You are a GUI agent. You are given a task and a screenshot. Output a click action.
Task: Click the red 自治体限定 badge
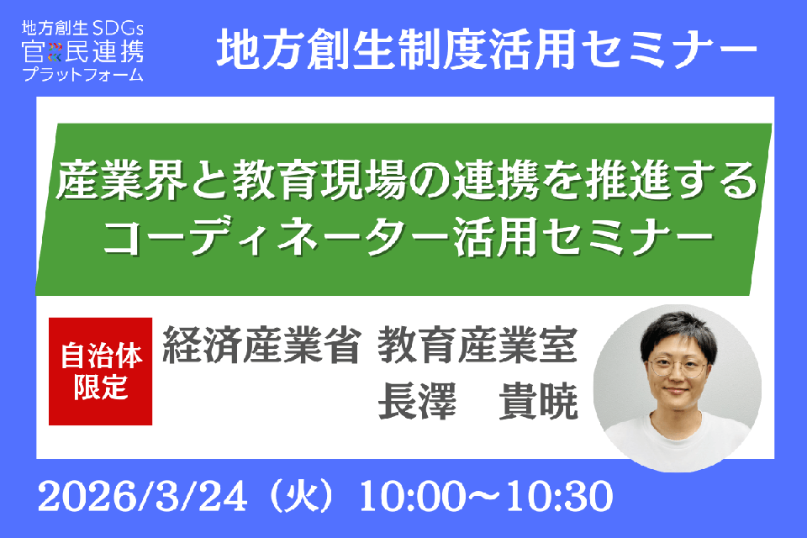101,371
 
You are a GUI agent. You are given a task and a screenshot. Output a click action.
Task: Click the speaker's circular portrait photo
677,388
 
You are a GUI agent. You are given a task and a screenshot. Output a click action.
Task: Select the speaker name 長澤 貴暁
478,403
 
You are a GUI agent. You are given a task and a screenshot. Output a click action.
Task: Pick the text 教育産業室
478,348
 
